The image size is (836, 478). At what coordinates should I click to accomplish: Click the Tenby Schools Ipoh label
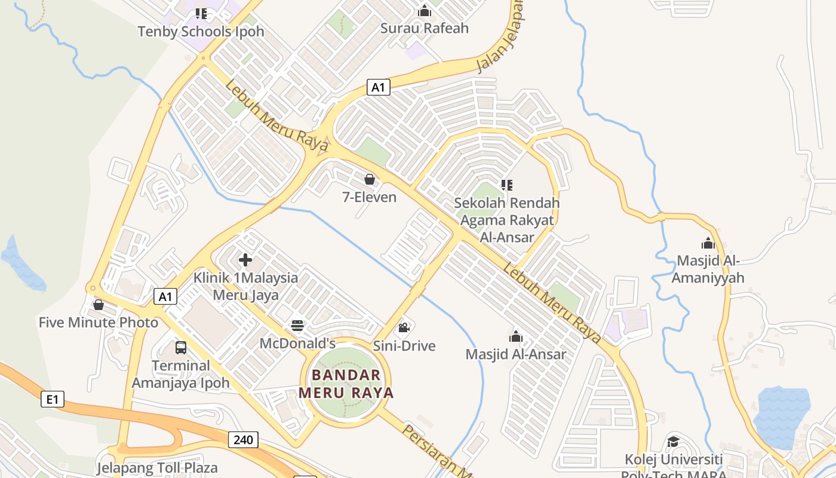pyautogui.click(x=201, y=32)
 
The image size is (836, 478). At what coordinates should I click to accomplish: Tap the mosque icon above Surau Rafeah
pyautogui.click(x=425, y=11)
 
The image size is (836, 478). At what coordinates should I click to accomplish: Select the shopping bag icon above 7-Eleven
pyautogui.click(x=370, y=179)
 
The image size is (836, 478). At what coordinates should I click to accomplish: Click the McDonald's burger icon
pyautogui.click(x=297, y=326)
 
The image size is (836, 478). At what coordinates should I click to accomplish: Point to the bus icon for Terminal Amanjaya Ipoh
pyautogui.click(x=180, y=347)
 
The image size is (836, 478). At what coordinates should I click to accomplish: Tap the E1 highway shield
pyautogui.click(x=53, y=399)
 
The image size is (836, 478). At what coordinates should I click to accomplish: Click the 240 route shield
pyautogui.click(x=243, y=440)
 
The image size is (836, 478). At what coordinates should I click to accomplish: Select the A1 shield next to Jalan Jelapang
pyautogui.click(x=378, y=87)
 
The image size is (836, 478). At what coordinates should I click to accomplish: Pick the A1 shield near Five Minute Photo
pyautogui.click(x=165, y=296)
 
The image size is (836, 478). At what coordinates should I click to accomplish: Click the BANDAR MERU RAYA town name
pyautogui.click(x=346, y=384)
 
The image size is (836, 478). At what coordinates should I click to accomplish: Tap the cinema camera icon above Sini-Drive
pyautogui.click(x=404, y=327)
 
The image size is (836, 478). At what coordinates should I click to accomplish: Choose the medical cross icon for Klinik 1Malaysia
pyautogui.click(x=245, y=260)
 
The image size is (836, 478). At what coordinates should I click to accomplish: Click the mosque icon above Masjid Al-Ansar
pyautogui.click(x=516, y=336)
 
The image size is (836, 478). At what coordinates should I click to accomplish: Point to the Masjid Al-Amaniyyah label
pyautogui.click(x=708, y=269)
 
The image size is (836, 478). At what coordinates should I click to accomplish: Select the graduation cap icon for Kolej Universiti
pyautogui.click(x=673, y=442)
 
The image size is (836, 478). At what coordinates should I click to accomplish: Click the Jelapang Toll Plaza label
pyautogui.click(x=157, y=467)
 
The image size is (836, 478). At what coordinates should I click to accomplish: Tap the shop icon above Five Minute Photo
pyautogui.click(x=99, y=305)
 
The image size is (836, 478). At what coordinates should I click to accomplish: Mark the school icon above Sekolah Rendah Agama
pyautogui.click(x=507, y=185)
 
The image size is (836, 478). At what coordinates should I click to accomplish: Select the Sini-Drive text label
pyautogui.click(x=404, y=346)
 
